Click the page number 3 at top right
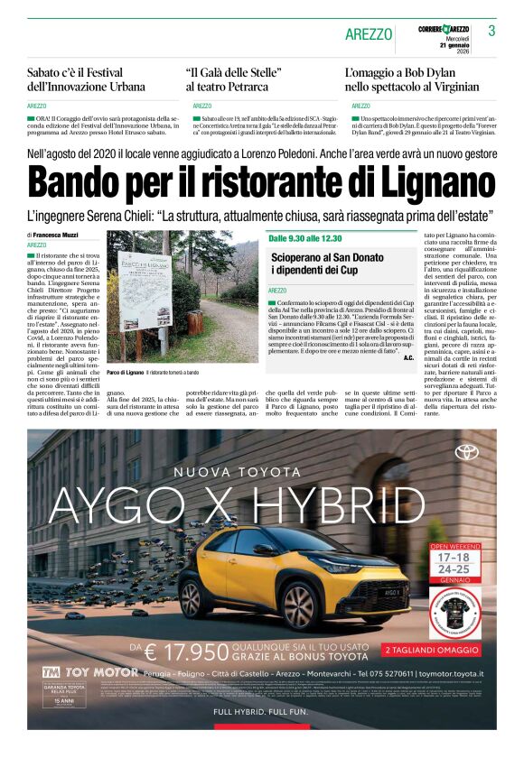pyautogui.click(x=491, y=31)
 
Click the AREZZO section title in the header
pyautogui.click(x=369, y=34)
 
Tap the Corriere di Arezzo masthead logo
pyautogui.click(x=443, y=30)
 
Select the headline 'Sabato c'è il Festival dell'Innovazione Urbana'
pyautogui.click(x=86, y=79)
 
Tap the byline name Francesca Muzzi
pyautogui.click(x=57, y=235)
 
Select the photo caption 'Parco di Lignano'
pyautogui.click(x=125, y=372)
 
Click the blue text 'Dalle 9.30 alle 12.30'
pyautogui.click(x=305, y=237)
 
